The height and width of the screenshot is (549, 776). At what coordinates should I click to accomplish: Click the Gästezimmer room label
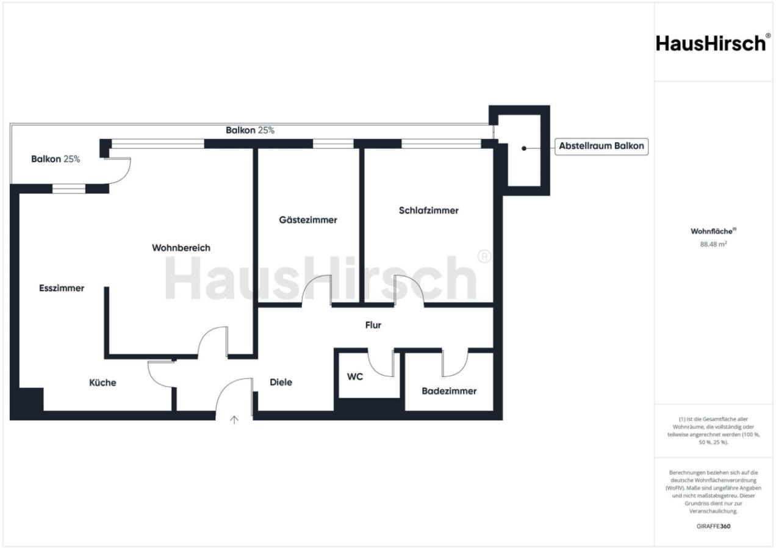[x=308, y=220]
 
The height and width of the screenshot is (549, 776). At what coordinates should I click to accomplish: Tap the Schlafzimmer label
[x=429, y=210]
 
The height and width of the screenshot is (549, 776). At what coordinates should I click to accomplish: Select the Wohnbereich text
[x=181, y=248]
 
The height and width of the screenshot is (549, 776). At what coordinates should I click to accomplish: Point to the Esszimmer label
[x=62, y=288]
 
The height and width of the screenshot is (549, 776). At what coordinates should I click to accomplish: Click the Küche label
[x=102, y=382]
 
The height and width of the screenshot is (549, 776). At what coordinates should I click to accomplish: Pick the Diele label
[x=281, y=382]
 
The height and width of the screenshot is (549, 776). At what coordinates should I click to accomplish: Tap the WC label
[x=355, y=376]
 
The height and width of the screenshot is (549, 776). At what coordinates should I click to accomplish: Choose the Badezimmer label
[x=449, y=391]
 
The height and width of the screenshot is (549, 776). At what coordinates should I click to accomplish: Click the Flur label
[x=373, y=325]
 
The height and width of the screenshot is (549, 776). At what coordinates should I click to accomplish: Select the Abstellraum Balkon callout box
[x=602, y=146]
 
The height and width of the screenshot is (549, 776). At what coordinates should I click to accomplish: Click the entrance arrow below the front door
[x=234, y=420]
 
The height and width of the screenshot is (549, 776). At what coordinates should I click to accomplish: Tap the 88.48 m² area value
[x=713, y=244]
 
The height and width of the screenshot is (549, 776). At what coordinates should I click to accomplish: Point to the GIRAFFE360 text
[x=713, y=526]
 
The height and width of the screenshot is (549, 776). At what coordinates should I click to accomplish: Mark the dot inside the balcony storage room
[x=524, y=148]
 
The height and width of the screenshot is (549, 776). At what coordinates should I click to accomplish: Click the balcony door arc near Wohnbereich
[x=120, y=170]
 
